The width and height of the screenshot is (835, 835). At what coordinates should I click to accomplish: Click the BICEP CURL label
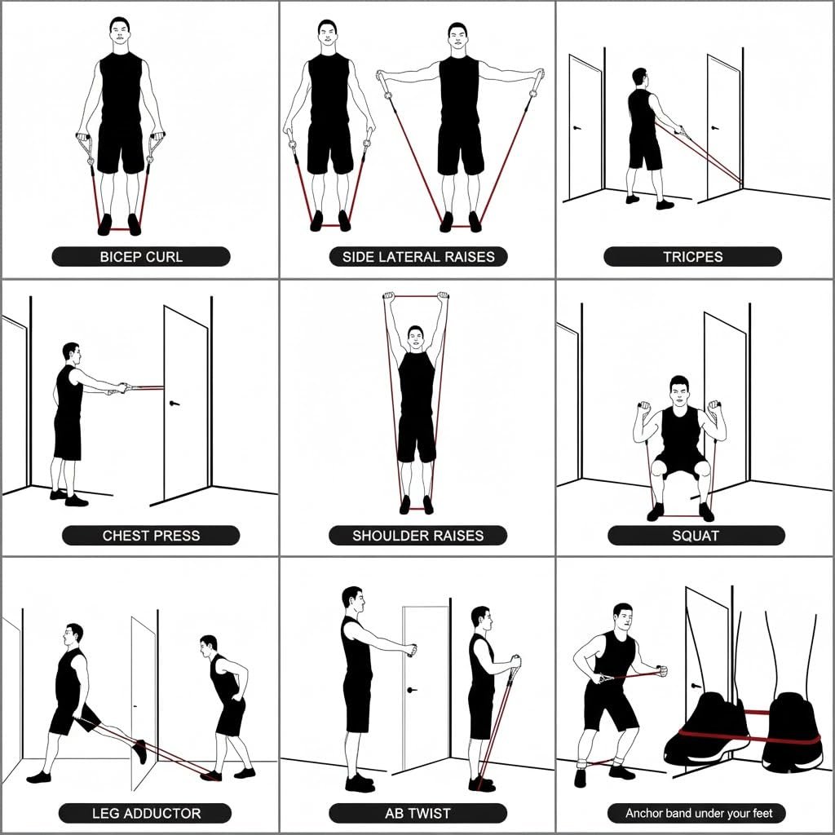141,257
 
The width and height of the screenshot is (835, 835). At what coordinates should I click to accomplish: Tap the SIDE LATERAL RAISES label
418,257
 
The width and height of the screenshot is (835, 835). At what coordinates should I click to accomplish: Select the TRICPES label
693,257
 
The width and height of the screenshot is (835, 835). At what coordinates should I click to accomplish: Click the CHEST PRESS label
151,535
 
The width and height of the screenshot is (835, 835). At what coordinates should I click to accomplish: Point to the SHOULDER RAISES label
418,535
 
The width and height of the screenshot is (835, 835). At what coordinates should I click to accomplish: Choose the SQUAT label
696,535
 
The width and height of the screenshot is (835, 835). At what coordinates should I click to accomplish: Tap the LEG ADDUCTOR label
145,813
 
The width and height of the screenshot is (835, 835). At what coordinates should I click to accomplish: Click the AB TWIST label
418,813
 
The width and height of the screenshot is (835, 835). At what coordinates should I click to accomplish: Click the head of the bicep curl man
120,33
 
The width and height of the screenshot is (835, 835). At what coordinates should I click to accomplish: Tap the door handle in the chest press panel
175,403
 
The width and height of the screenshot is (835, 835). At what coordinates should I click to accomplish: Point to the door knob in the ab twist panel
411,690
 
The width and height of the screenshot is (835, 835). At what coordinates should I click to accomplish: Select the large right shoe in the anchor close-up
792,731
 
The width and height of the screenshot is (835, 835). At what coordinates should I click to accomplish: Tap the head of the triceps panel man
640,79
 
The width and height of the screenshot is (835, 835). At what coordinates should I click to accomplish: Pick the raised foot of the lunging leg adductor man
139,751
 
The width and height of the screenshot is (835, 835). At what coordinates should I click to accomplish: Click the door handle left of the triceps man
577,128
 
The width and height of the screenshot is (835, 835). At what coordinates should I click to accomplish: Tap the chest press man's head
72,353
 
